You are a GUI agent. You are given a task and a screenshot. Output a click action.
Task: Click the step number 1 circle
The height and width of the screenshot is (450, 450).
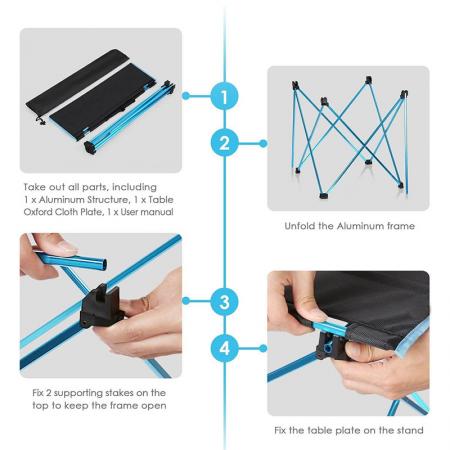click(225, 97)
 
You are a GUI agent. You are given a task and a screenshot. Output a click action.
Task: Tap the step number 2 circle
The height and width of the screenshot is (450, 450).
click(225, 142)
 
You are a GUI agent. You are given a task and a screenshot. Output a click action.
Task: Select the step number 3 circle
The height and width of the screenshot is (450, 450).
click(225, 301)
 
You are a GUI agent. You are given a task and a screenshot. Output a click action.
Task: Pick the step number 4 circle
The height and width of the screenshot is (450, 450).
click(225, 349)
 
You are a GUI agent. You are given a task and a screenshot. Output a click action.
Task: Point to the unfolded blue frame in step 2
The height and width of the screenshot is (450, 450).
click(347, 135)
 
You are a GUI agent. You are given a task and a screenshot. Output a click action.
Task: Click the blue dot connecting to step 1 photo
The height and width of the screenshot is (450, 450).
click(186, 96)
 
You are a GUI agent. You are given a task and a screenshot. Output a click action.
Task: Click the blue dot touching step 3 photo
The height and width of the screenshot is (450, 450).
click(186, 301)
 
